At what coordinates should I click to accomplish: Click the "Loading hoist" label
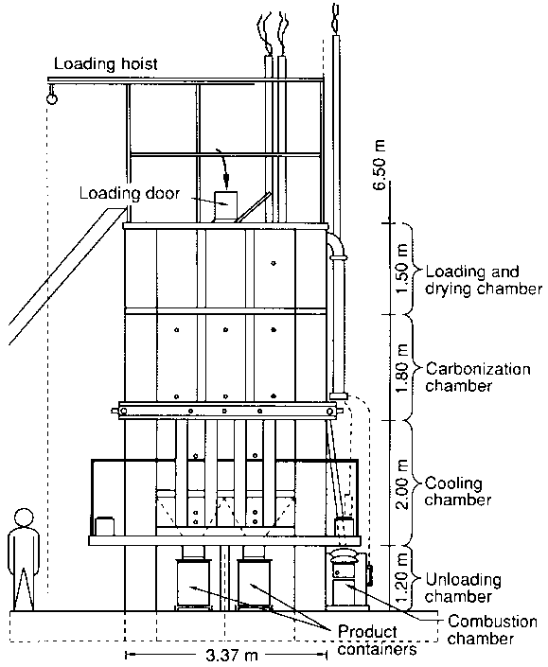(105, 63)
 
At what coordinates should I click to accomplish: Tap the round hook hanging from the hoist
(51, 98)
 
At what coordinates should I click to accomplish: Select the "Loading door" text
(130, 194)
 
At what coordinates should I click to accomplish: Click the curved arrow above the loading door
(223, 168)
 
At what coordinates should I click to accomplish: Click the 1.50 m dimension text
(401, 269)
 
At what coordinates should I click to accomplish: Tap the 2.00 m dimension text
(401, 483)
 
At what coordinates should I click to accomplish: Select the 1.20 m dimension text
(401, 578)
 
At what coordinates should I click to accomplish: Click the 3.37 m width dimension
(232, 655)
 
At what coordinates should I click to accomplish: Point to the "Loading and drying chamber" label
(484, 280)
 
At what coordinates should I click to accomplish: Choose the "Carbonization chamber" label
(478, 377)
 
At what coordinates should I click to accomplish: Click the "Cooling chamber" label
(458, 491)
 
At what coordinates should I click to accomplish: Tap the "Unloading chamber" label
(463, 588)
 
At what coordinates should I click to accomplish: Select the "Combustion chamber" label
(492, 629)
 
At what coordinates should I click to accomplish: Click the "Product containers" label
(377, 641)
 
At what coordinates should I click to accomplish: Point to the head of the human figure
(24, 518)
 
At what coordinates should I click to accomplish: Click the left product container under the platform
(193, 584)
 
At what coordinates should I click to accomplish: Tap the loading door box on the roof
(225, 206)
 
